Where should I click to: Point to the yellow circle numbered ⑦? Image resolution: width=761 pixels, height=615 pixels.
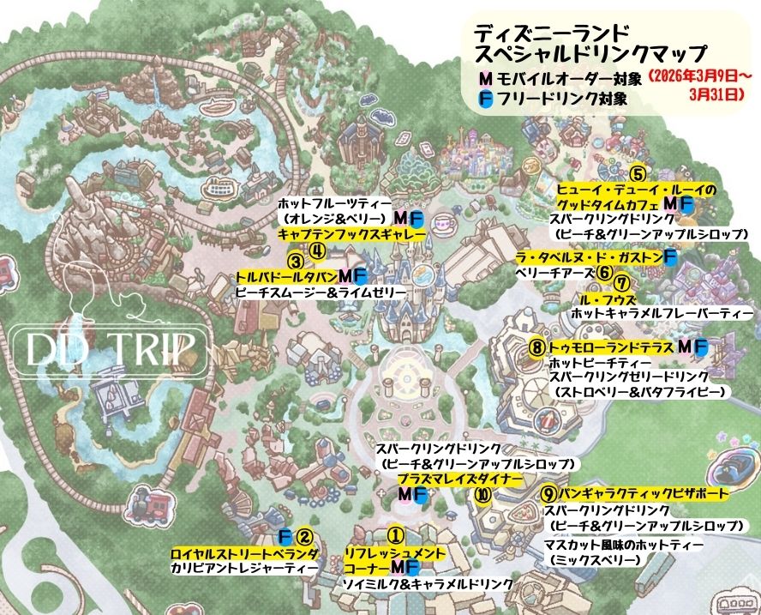(623, 283)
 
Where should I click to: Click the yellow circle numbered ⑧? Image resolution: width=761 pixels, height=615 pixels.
(536, 347)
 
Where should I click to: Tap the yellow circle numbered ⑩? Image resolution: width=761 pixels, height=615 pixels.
(483, 495)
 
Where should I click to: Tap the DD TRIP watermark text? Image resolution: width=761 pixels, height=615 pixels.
(106, 350)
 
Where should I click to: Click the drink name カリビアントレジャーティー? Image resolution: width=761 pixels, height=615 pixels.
(243, 569)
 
